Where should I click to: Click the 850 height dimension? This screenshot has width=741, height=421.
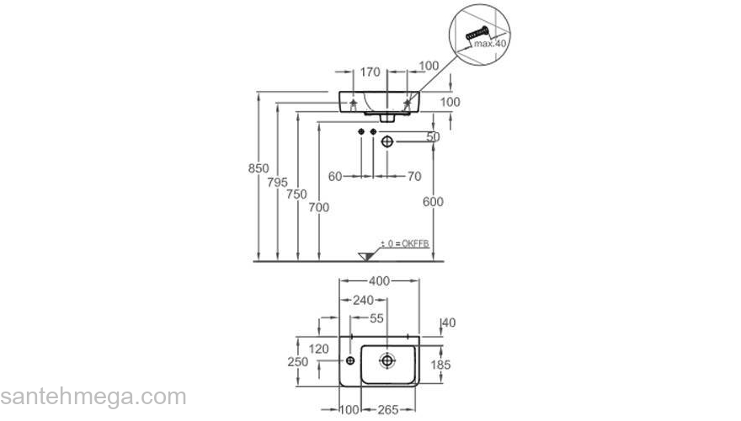coord(259,168)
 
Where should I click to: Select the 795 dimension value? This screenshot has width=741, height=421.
coord(279,182)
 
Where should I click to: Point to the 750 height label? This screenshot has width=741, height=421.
coord(296,195)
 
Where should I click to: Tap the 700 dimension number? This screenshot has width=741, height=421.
coord(318,207)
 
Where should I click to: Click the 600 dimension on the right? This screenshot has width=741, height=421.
coord(433,202)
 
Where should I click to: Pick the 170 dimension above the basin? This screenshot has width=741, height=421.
coord(370,72)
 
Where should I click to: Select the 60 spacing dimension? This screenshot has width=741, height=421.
coord(335,176)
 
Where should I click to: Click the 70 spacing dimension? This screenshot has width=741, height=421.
coord(413,176)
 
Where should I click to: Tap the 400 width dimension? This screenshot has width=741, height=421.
coord(378,281)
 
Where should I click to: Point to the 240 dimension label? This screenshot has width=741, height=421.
coord(363,300)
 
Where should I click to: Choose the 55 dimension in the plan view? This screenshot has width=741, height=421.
coord(376,318)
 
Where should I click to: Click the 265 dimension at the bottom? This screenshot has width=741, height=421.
coord(386,409)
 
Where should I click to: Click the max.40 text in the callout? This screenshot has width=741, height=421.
coord(489,42)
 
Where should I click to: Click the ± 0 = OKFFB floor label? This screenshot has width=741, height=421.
coord(404,243)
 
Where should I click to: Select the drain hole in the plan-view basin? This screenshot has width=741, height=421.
coord(386,360)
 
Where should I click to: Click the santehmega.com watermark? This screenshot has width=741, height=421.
coord(93,396)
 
